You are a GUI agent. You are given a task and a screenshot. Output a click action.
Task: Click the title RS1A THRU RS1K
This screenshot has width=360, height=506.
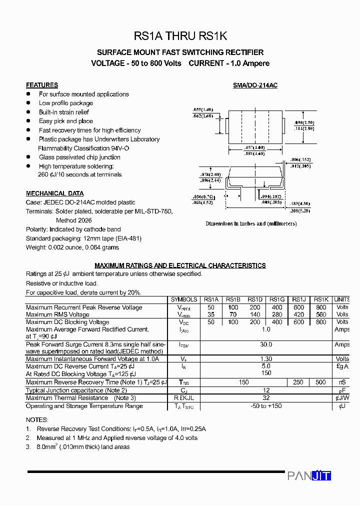[x=180, y=36]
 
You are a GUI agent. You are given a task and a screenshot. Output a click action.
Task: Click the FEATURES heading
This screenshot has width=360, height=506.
[x=42, y=85]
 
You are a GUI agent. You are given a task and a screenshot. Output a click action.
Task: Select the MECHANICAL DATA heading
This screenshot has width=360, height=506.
[x=55, y=193]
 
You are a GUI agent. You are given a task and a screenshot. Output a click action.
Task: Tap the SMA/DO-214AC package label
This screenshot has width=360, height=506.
[x=255, y=85]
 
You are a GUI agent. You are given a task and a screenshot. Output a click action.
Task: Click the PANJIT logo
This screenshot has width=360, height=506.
[x=309, y=475]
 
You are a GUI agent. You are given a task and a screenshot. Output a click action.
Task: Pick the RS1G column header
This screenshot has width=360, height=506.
[x=277, y=299]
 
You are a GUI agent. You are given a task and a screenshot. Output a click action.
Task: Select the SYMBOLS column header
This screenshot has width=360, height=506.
[x=184, y=299]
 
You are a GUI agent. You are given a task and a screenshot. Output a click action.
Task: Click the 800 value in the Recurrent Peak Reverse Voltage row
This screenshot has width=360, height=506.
[x=321, y=307]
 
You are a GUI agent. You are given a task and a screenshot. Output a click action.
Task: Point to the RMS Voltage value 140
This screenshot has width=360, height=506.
[x=255, y=314]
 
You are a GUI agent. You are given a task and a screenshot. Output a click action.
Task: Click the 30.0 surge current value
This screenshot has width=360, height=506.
[x=266, y=344]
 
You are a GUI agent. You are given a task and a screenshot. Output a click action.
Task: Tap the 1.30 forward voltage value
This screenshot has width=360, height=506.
[x=266, y=359]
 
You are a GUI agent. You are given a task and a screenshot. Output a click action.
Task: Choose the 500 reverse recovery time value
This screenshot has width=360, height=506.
[x=321, y=382]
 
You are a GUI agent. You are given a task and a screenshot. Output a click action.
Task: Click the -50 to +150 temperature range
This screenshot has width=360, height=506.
[x=266, y=406]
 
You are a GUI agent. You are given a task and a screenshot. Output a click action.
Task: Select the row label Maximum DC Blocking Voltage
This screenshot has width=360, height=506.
[x=67, y=322]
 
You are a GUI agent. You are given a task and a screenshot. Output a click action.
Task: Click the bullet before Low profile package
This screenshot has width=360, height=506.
[x=28, y=103]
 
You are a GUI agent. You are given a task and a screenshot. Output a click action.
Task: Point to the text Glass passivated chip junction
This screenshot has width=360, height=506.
[x=79, y=157]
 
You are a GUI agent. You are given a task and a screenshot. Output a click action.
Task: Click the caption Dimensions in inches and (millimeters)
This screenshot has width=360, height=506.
[x=251, y=223]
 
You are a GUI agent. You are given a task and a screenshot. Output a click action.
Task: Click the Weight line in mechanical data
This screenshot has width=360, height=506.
[x=72, y=247]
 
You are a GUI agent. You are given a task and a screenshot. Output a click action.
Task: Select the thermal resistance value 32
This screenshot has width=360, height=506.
[x=266, y=398]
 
